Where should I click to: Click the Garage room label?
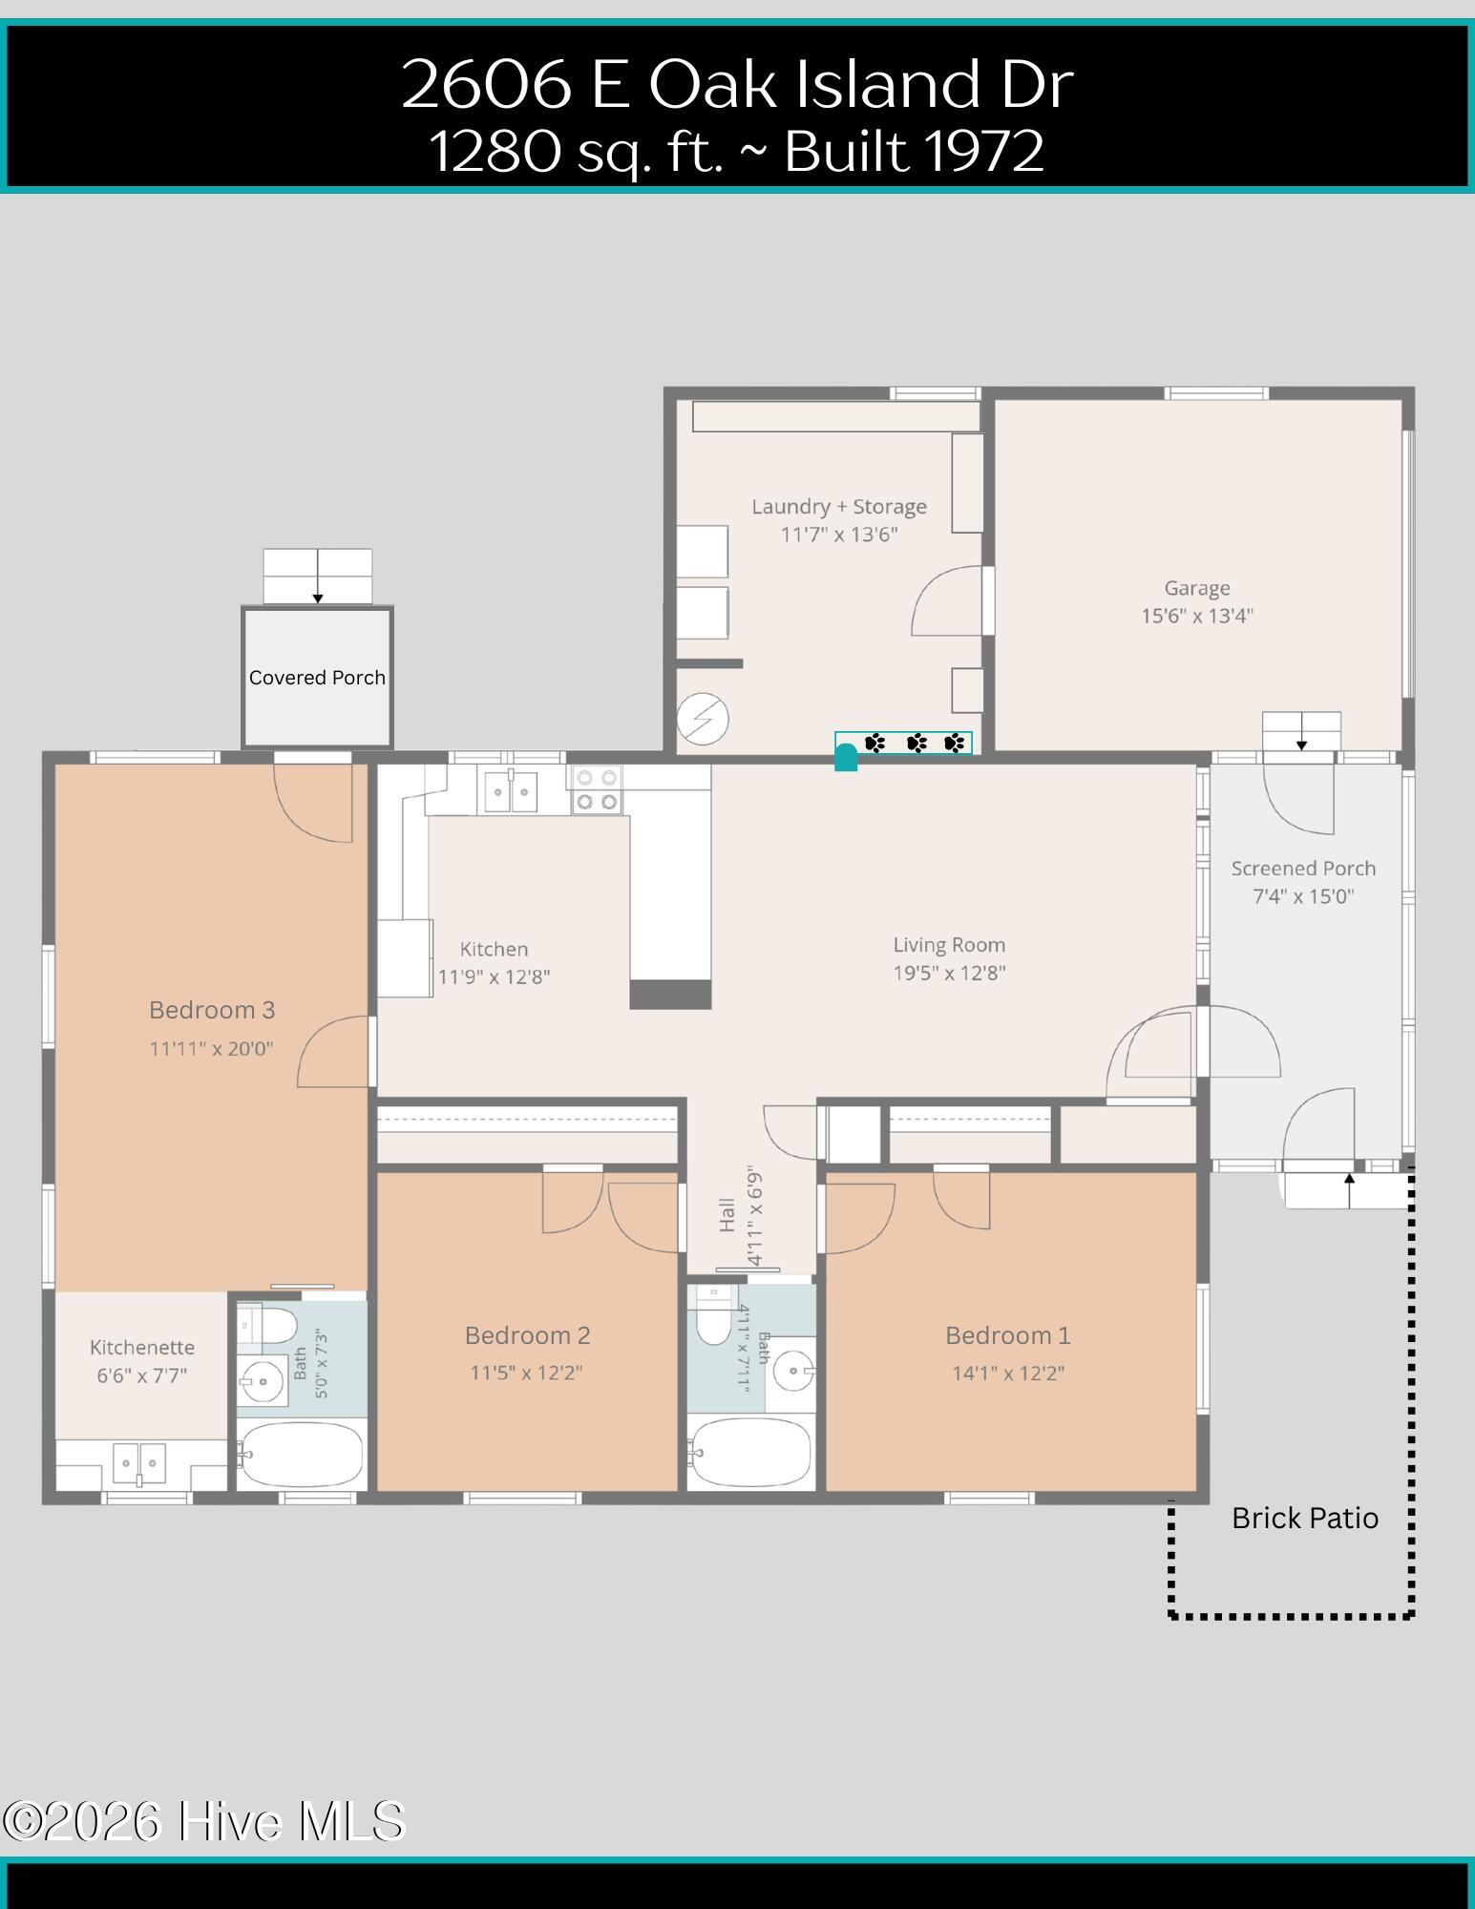click(1196, 588)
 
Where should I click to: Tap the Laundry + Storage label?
click(839, 507)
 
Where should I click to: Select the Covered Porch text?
click(317, 678)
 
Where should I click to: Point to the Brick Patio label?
click(1305, 1518)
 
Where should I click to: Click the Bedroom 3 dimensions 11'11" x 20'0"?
click(211, 1048)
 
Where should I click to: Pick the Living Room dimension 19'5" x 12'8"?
click(949, 973)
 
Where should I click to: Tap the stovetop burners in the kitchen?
click(596, 790)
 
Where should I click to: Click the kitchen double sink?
click(510, 791)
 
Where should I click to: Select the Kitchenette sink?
click(139, 1463)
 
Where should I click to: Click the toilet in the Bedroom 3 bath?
click(268, 1326)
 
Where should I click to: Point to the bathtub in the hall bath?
click(750, 1453)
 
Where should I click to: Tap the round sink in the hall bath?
click(793, 1373)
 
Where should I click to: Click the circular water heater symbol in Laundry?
click(703, 719)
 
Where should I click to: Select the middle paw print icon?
click(917, 743)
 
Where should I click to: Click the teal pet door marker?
click(846, 757)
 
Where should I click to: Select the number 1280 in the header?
click(495, 151)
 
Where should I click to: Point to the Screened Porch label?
click(1303, 869)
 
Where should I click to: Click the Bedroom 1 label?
click(1008, 1335)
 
